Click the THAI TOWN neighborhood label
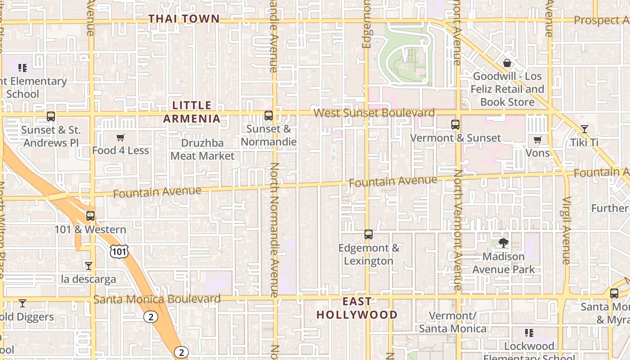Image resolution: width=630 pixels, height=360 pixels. pyautogui.click(x=184, y=19)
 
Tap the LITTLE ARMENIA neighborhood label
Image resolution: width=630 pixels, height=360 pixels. pyautogui.click(x=192, y=112)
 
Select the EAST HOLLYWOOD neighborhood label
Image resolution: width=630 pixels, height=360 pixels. pyautogui.click(x=357, y=308)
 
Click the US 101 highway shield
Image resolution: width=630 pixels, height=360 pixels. pyautogui.click(x=119, y=252)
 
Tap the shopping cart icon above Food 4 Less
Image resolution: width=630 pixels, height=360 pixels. pyautogui.click(x=120, y=138)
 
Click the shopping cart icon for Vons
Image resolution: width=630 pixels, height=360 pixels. pyautogui.click(x=538, y=140)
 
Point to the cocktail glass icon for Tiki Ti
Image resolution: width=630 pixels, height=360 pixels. pyautogui.click(x=584, y=129)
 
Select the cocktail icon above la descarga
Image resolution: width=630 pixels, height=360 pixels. pyautogui.click(x=89, y=266)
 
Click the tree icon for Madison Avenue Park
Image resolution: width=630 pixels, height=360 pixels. pyautogui.click(x=504, y=243)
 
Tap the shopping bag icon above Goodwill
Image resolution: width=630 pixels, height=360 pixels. pyautogui.click(x=507, y=63)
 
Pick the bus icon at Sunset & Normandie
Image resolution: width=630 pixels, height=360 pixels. pyautogui.click(x=269, y=116)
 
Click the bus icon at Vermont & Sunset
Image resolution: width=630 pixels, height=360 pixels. pyautogui.click(x=455, y=125)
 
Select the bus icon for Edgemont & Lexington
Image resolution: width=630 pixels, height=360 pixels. pyautogui.click(x=369, y=234)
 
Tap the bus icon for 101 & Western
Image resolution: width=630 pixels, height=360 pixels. pyautogui.click(x=90, y=216)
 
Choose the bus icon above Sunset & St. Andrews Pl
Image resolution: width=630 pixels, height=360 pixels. pyautogui.click(x=51, y=117)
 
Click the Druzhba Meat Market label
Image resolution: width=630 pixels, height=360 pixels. pyautogui.click(x=202, y=149)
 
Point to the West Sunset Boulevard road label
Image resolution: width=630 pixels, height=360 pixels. pyautogui.click(x=374, y=112)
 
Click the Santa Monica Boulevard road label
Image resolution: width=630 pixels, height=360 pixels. pyautogui.click(x=157, y=299)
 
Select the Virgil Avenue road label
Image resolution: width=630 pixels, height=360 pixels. pyautogui.click(x=566, y=230)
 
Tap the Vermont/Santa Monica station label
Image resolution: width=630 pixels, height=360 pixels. pyautogui.click(x=453, y=322)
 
